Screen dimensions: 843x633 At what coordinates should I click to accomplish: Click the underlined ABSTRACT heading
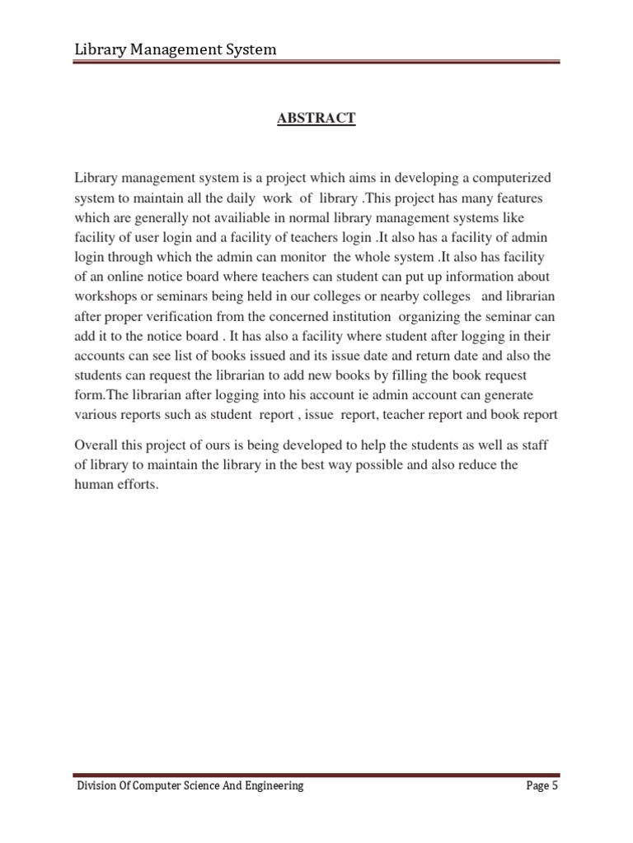[316, 119]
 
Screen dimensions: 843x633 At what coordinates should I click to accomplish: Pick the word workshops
[107, 297]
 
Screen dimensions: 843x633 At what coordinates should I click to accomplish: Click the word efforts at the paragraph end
[138, 485]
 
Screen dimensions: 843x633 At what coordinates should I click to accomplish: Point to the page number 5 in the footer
[556, 786]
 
